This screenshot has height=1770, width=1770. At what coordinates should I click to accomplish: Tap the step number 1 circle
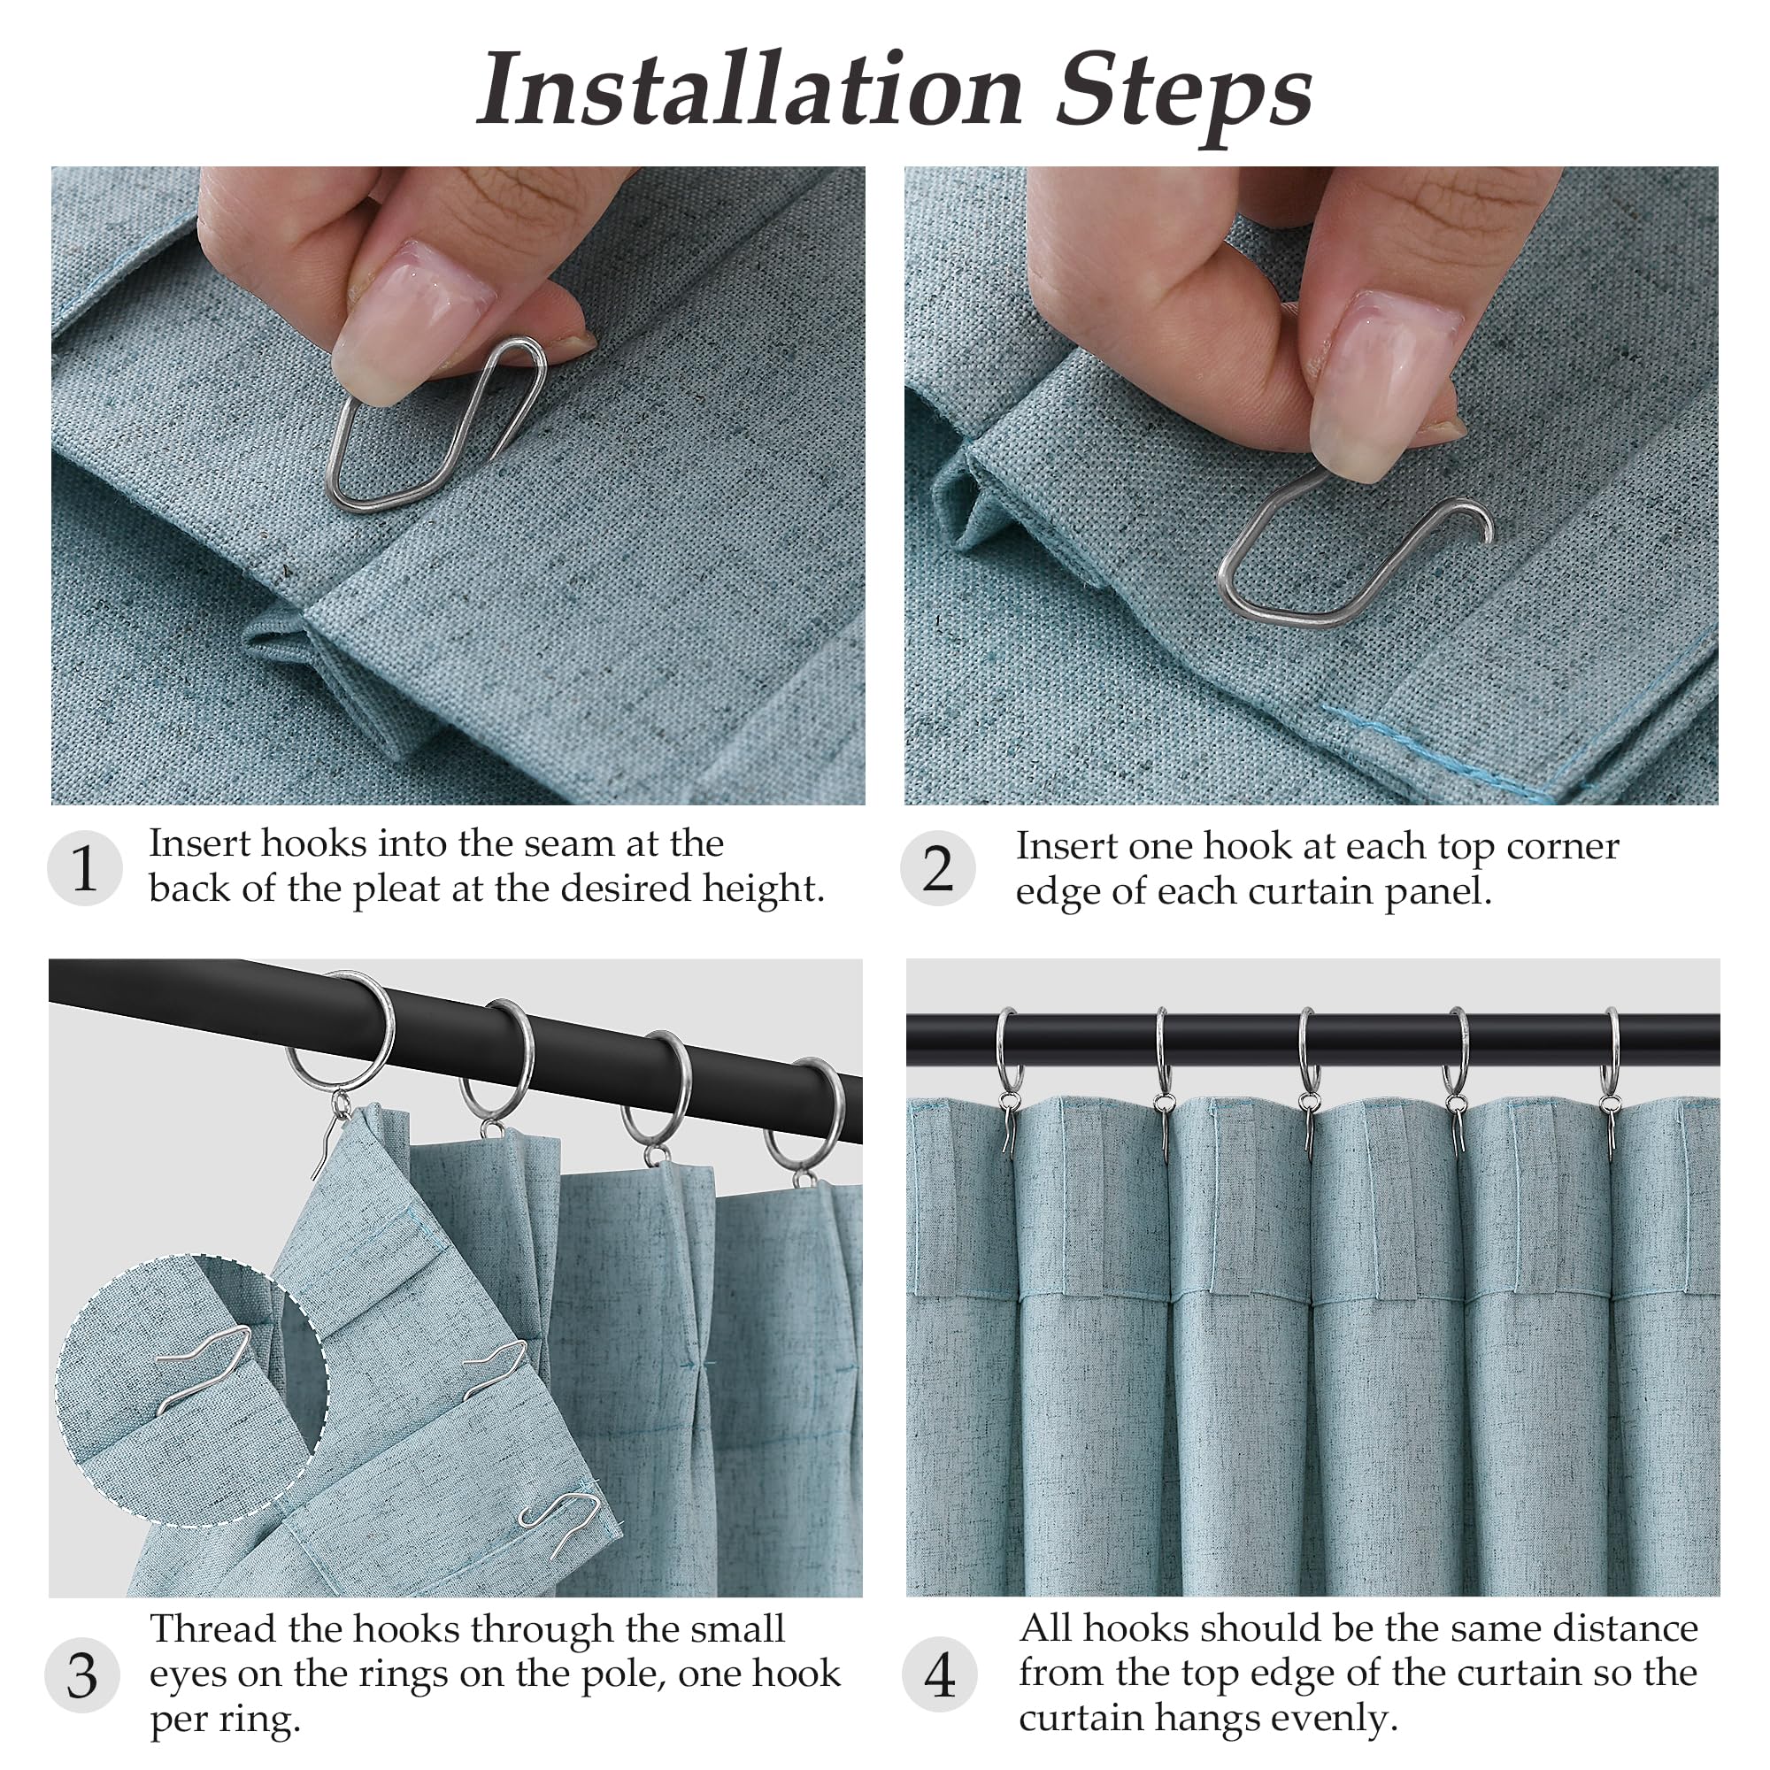coord(84,867)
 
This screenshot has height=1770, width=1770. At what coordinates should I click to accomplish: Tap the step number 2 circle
coord(937,867)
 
